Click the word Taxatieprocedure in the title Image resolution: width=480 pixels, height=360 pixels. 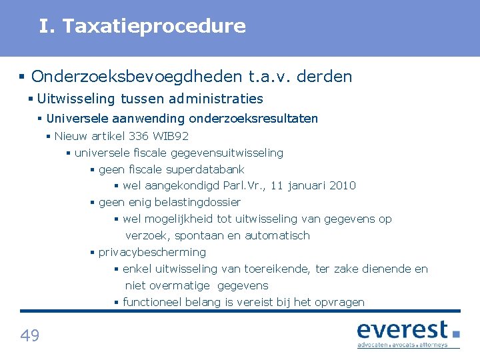coord(155,26)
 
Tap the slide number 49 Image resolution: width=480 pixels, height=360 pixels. coord(30,335)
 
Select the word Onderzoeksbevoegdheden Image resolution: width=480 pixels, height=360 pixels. coord(137,77)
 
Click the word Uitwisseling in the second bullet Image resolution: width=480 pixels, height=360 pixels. coord(77,99)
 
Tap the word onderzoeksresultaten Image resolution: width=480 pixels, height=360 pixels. coord(253,119)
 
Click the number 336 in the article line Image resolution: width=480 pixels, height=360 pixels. coord(139,136)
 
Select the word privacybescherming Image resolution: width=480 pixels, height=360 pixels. coord(152,252)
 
